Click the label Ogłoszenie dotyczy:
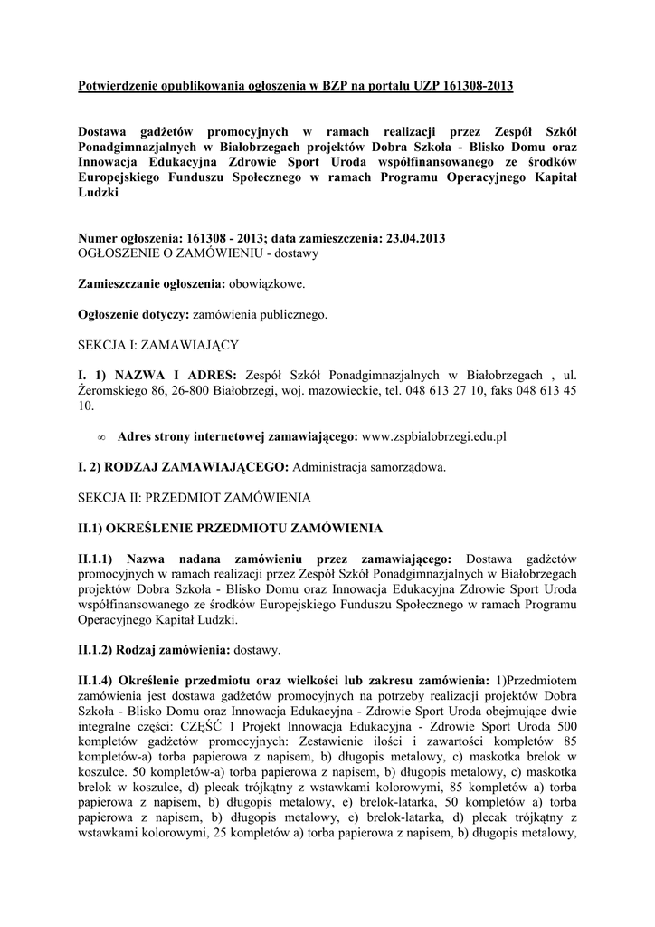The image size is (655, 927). coord(134,315)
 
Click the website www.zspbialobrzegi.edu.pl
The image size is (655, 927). coord(433,436)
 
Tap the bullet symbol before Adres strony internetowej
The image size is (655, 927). coord(101,437)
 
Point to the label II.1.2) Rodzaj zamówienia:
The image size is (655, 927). coord(154,650)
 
